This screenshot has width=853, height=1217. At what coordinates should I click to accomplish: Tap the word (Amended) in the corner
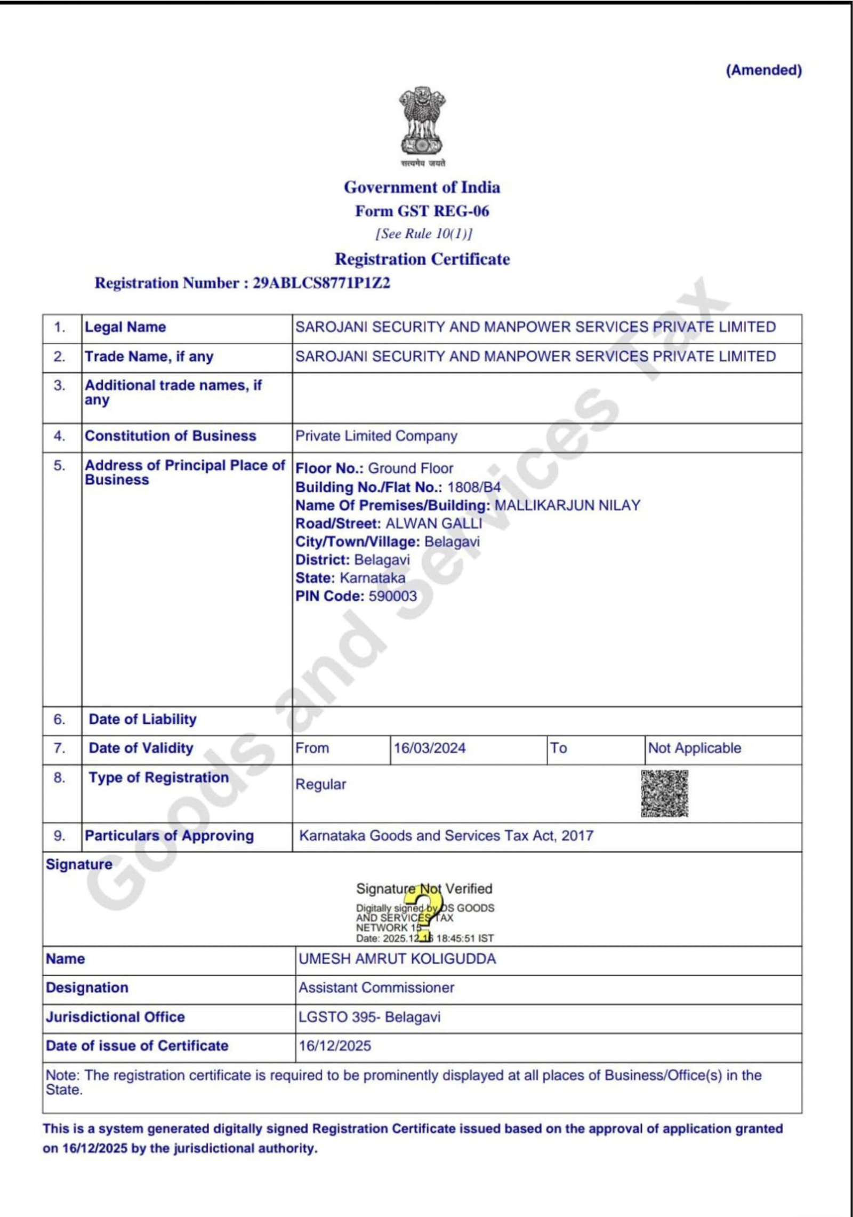[763, 70]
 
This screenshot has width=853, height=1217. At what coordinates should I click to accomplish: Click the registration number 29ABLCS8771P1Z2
[321, 283]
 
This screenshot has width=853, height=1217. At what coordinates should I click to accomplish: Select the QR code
[664, 793]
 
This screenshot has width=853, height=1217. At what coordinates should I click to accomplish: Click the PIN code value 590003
[392, 596]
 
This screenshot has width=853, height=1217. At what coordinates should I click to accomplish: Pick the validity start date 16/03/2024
[429, 748]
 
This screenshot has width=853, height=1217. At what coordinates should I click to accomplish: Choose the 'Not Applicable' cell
[694, 748]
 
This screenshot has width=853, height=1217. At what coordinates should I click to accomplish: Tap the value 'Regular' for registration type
[320, 784]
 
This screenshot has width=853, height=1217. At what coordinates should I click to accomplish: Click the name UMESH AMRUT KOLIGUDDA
[397, 959]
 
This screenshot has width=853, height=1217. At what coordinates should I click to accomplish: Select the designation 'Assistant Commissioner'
[376, 988]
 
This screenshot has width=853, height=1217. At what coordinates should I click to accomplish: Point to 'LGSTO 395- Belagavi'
[369, 1017]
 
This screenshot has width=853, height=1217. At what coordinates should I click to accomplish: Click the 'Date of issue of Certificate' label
[137, 1046]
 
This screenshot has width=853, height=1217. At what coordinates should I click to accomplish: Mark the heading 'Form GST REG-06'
[422, 211]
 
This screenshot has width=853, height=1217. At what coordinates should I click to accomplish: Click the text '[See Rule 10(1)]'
[424, 234]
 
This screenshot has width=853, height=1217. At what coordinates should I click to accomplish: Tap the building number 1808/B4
[474, 487]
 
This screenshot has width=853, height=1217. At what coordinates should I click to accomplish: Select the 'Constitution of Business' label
[171, 436]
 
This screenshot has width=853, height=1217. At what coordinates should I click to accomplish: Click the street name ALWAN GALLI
[433, 523]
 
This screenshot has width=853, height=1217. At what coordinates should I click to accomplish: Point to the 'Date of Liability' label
[142, 719]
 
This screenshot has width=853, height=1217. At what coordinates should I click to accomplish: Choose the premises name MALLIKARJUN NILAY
[567, 505]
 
